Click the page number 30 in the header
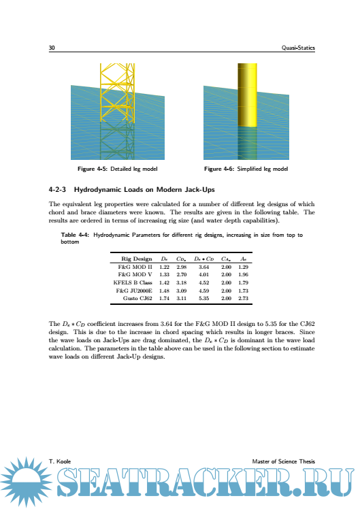point(52,48)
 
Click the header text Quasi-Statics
point(298,48)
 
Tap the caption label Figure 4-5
point(93,169)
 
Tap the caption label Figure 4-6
point(219,169)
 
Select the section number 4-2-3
point(57,190)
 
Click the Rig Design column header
point(137,259)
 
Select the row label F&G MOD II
point(135,267)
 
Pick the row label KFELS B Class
point(133,282)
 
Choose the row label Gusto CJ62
point(137,298)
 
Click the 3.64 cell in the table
point(204,267)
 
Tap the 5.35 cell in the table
point(204,298)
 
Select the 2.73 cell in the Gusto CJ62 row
point(243,298)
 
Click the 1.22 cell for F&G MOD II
point(164,267)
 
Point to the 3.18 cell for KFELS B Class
point(182,282)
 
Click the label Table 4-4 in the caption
point(75,235)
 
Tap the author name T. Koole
point(60,461)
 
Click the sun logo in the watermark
point(25,482)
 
